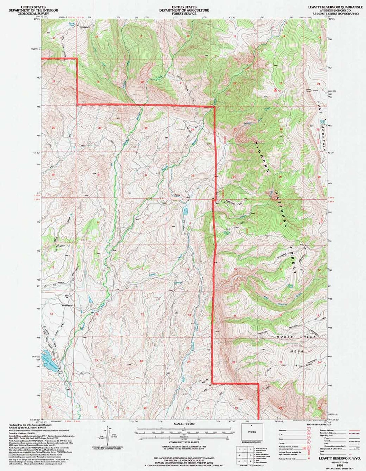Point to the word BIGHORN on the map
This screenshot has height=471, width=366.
261,158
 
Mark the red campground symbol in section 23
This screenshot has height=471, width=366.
275,90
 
